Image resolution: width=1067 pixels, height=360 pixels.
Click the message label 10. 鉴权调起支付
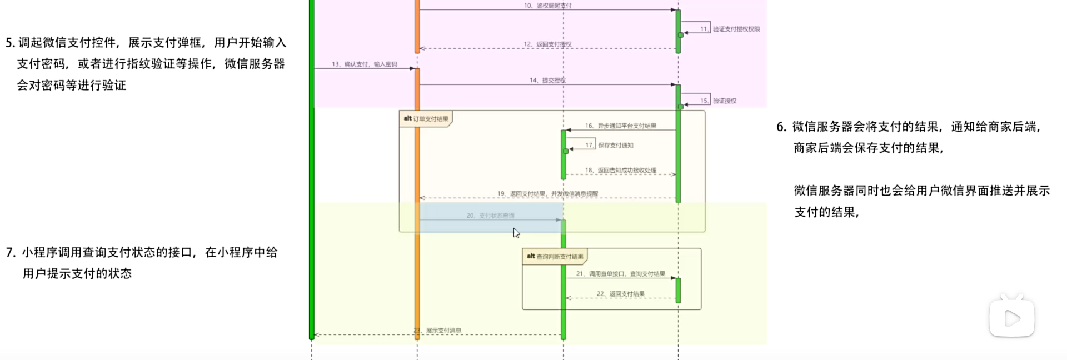point(547,6)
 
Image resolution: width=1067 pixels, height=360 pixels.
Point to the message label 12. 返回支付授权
point(547,44)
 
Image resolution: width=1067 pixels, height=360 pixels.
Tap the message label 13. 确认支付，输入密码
point(365,64)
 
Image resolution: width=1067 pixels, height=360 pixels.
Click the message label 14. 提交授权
point(547,81)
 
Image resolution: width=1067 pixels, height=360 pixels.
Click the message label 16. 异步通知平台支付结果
point(620,126)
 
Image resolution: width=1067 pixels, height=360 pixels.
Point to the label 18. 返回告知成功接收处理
point(620,171)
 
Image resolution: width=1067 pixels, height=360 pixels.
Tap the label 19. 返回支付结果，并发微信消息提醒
point(547,194)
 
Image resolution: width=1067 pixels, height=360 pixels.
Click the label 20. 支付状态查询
point(490,216)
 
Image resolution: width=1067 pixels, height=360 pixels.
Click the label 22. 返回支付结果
point(620,294)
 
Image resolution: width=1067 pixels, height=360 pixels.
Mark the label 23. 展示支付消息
point(438,331)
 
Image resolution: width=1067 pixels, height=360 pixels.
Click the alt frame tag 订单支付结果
point(426,119)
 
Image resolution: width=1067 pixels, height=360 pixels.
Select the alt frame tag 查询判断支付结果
point(555,257)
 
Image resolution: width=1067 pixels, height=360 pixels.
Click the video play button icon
point(1011,318)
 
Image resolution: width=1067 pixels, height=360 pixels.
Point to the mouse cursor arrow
point(516,233)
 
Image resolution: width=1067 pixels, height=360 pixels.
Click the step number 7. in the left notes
point(11,253)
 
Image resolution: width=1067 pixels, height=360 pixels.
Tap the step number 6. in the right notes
point(781,127)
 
